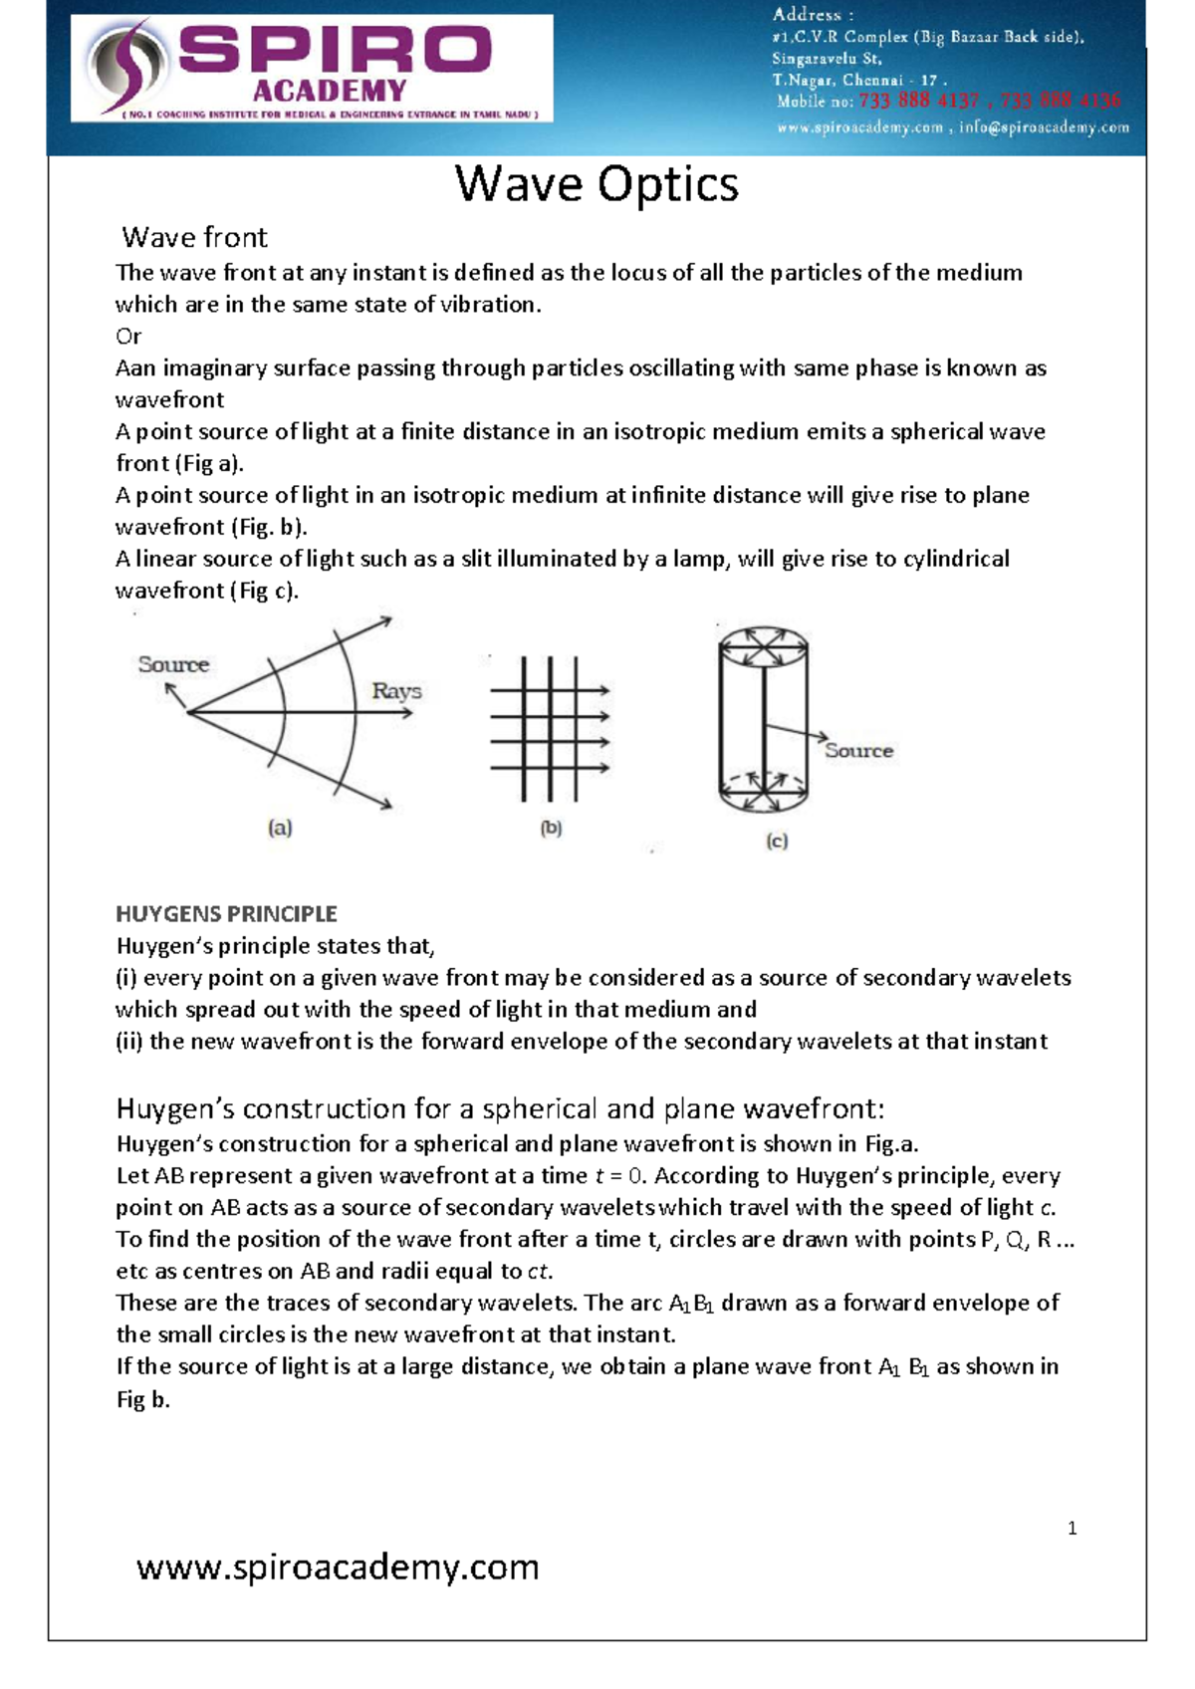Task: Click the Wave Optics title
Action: pyautogui.click(x=597, y=184)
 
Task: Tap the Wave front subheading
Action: pyautogui.click(x=194, y=237)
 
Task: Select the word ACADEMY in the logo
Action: pyautogui.click(x=330, y=92)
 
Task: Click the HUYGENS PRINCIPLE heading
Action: pyautogui.click(x=226, y=913)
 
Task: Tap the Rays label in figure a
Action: pyautogui.click(x=396, y=690)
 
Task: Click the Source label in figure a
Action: pyautogui.click(x=173, y=664)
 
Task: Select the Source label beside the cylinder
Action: pyautogui.click(x=858, y=751)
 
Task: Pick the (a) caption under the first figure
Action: pyautogui.click(x=280, y=828)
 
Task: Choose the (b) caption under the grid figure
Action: pyautogui.click(x=551, y=828)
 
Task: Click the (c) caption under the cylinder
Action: pyautogui.click(x=777, y=842)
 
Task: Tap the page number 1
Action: pyautogui.click(x=1072, y=1529)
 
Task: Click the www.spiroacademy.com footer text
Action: pyautogui.click(x=338, y=1567)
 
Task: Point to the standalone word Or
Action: pyautogui.click(x=128, y=337)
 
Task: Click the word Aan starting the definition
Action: pyautogui.click(x=135, y=368)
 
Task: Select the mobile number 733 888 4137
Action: pyautogui.click(x=918, y=102)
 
